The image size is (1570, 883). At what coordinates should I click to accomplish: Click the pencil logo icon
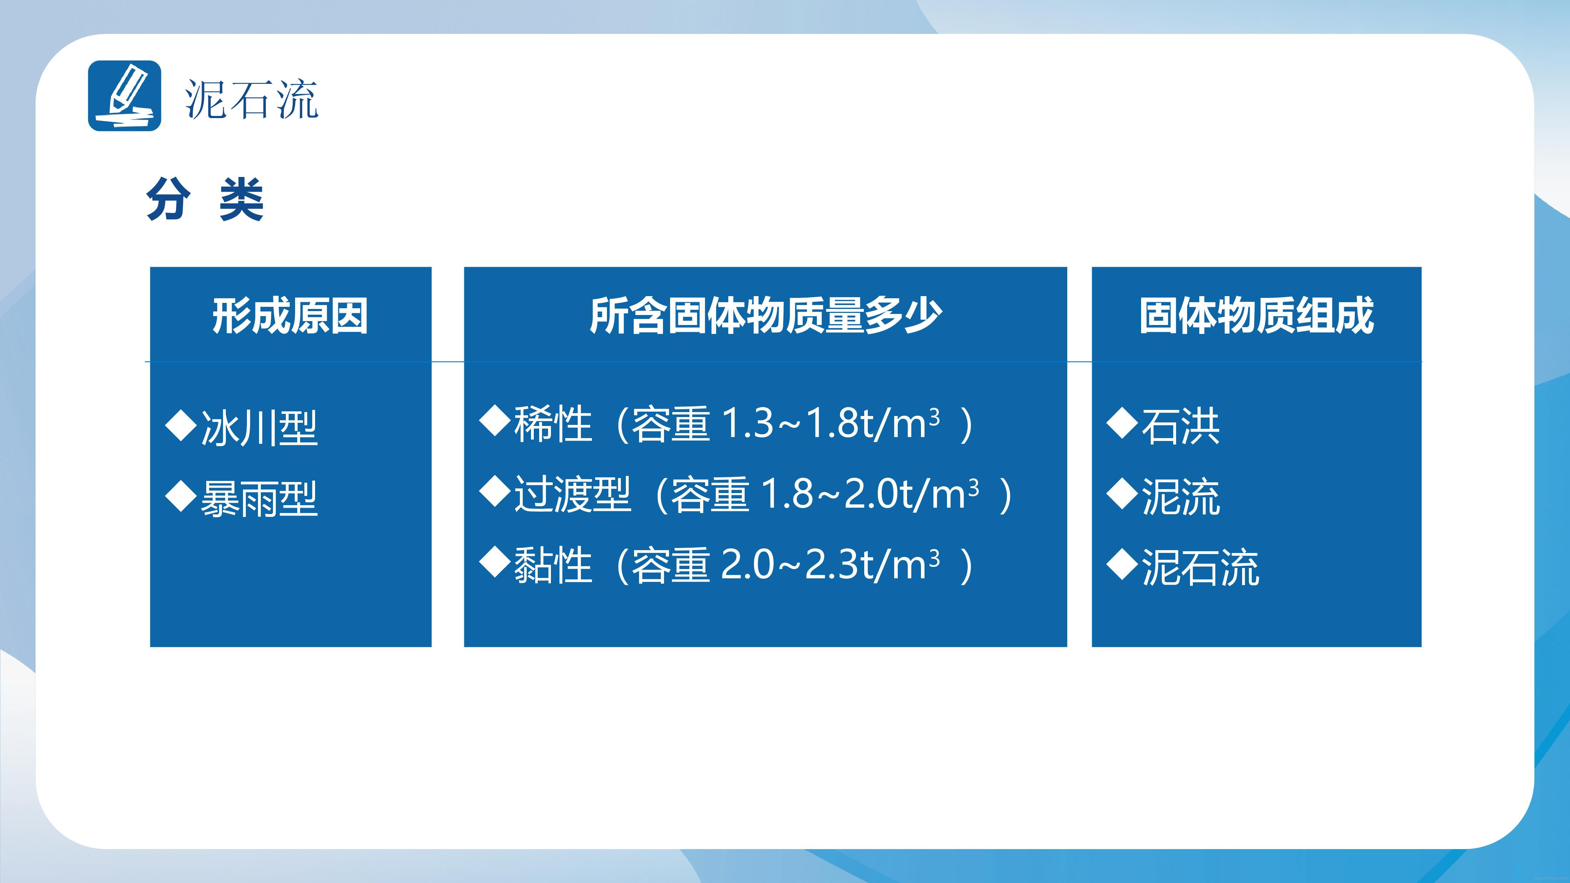(124, 96)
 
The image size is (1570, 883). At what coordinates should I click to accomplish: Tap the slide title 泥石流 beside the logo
(252, 99)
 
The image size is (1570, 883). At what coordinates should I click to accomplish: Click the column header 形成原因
(290, 316)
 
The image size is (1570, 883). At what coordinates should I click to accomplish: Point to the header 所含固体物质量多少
(765, 316)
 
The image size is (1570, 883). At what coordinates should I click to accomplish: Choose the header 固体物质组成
(1257, 316)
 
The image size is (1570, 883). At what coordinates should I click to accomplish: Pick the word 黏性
(553, 565)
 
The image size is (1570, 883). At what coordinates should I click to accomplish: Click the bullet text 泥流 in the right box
(1181, 497)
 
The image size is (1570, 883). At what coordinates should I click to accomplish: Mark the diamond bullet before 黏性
(495, 563)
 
